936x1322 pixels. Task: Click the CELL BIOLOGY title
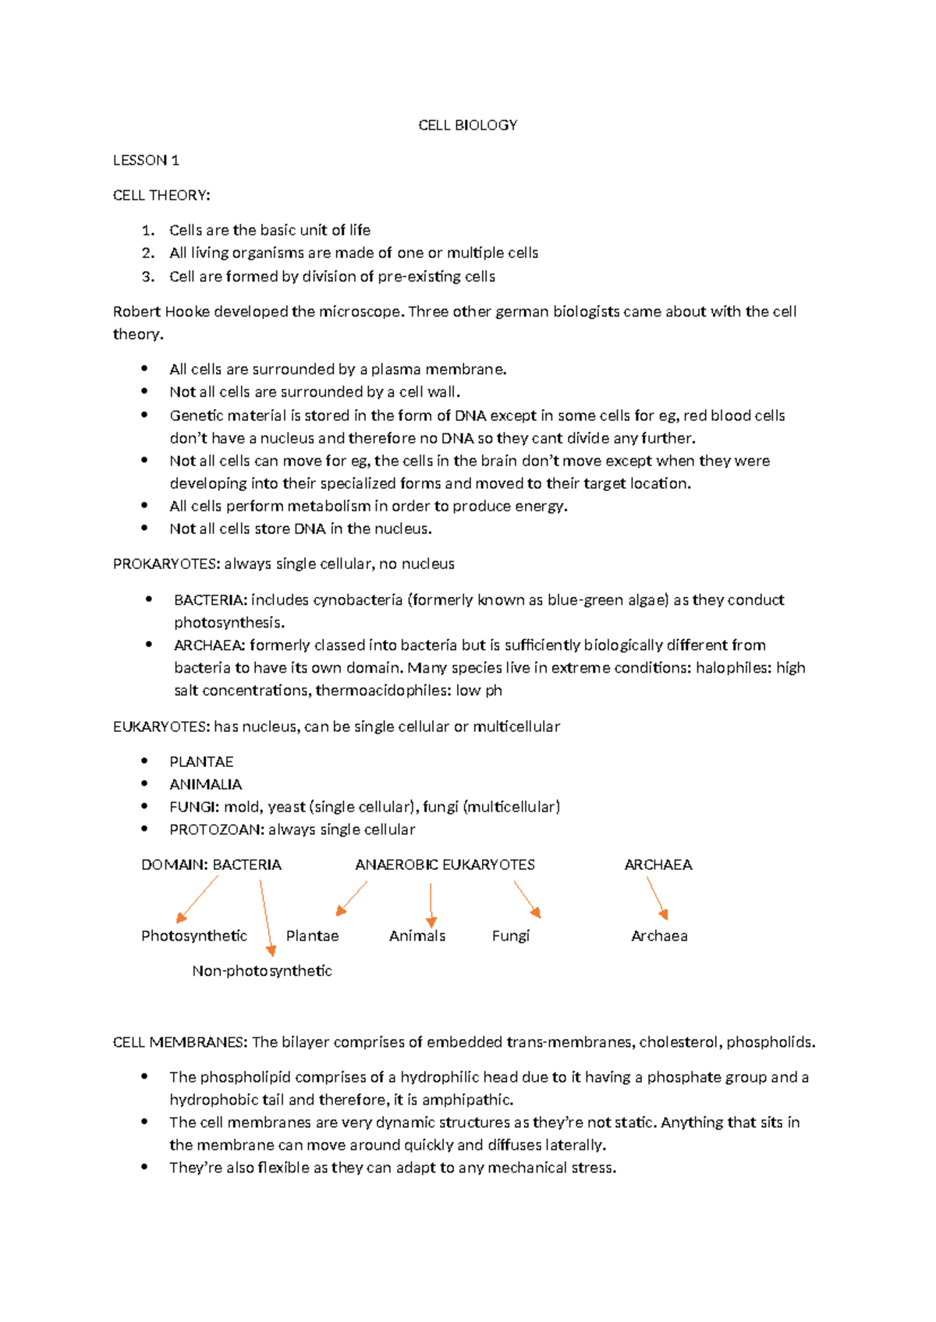pyautogui.click(x=467, y=125)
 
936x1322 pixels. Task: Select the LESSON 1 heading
pyautogui.click(x=146, y=161)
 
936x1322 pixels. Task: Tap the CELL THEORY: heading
pyautogui.click(x=161, y=196)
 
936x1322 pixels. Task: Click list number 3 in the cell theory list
pyautogui.click(x=148, y=277)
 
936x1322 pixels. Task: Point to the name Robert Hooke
pyautogui.click(x=161, y=312)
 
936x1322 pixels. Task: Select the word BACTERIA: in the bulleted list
pyautogui.click(x=211, y=600)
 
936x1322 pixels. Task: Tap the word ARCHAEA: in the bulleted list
pyautogui.click(x=210, y=645)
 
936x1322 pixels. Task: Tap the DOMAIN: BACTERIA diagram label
pyautogui.click(x=211, y=865)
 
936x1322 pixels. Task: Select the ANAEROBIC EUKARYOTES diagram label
pyautogui.click(x=445, y=865)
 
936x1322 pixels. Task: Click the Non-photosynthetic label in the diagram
pyautogui.click(x=262, y=971)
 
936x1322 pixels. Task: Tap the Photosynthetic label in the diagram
pyautogui.click(x=194, y=936)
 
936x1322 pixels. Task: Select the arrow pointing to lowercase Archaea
pyautogui.click(x=657, y=898)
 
